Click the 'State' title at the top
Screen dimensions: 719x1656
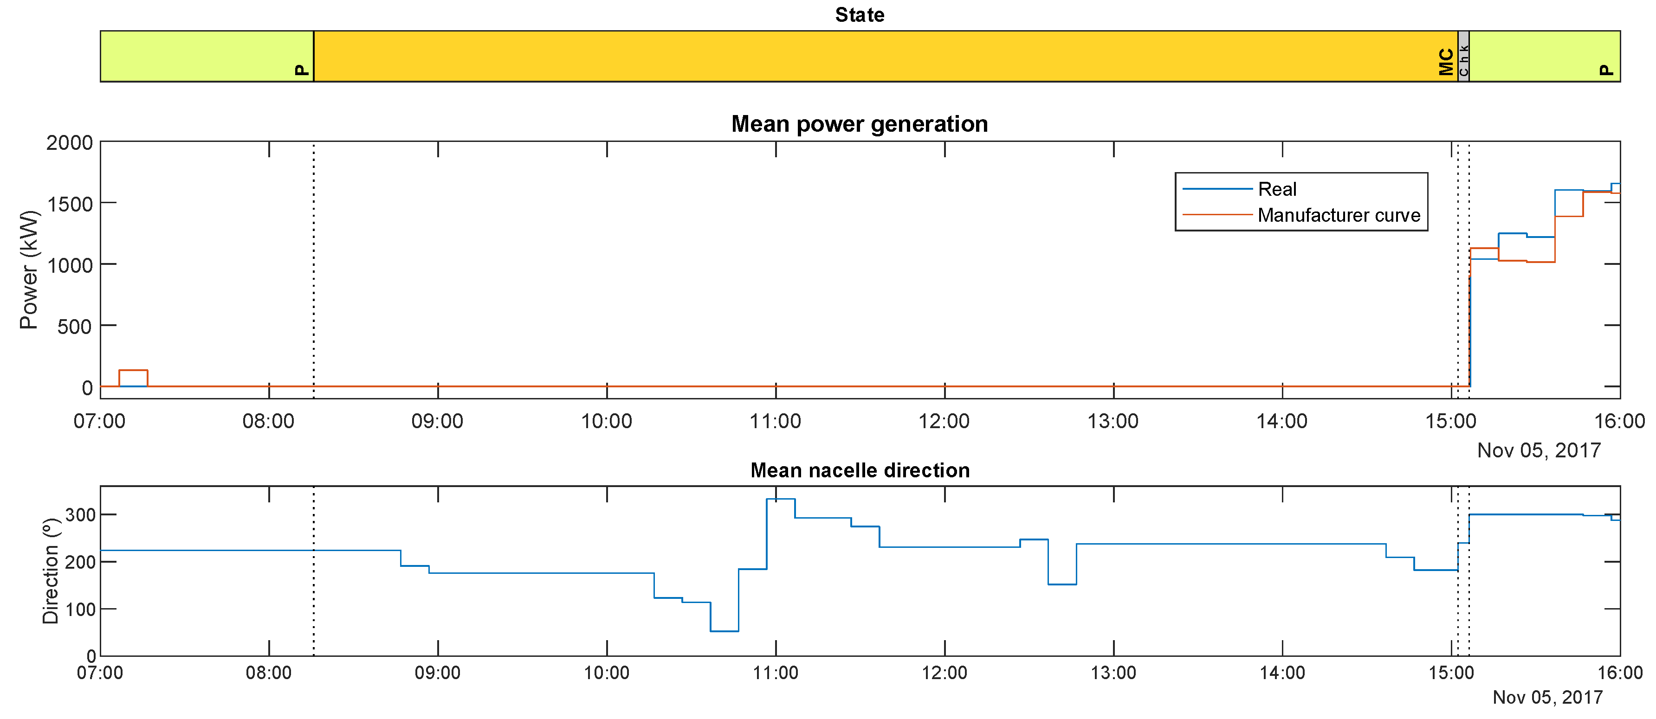click(x=860, y=15)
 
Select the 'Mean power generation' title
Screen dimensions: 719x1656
click(x=860, y=124)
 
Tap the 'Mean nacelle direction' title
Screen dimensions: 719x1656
click(x=860, y=470)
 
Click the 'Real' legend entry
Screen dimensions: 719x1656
click(x=1277, y=190)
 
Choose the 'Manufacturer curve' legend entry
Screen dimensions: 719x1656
click(x=1339, y=215)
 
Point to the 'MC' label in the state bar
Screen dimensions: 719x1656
click(x=1446, y=62)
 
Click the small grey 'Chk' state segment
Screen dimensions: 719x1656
click(x=1463, y=57)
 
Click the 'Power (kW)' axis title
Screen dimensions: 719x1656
click(x=29, y=270)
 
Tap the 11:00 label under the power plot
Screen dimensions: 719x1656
click(x=775, y=422)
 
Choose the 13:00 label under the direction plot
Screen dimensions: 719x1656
click(x=1113, y=673)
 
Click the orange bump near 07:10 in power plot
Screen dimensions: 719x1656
click(x=133, y=371)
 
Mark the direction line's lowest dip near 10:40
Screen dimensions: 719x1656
click(x=724, y=631)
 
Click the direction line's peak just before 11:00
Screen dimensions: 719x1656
click(x=781, y=499)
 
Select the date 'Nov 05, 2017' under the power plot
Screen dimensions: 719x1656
click(x=1539, y=450)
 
